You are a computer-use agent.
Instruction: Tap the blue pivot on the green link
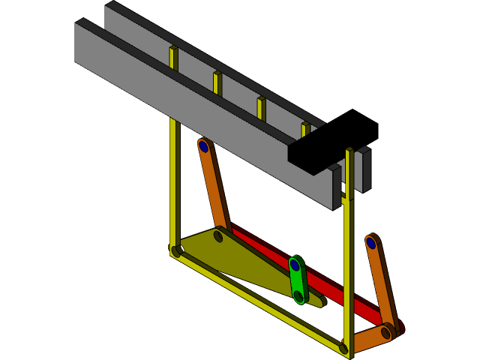295,265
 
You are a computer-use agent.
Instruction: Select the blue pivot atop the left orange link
203,146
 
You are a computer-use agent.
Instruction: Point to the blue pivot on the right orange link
370,243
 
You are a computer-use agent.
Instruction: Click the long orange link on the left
214,187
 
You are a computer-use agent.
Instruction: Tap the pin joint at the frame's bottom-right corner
343,348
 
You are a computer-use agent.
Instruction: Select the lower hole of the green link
298,296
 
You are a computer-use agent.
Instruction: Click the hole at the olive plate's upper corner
217,236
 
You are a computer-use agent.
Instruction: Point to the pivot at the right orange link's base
385,331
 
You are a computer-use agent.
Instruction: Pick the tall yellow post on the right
348,255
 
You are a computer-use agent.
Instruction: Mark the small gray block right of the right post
363,170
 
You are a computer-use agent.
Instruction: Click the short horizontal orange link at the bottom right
369,338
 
